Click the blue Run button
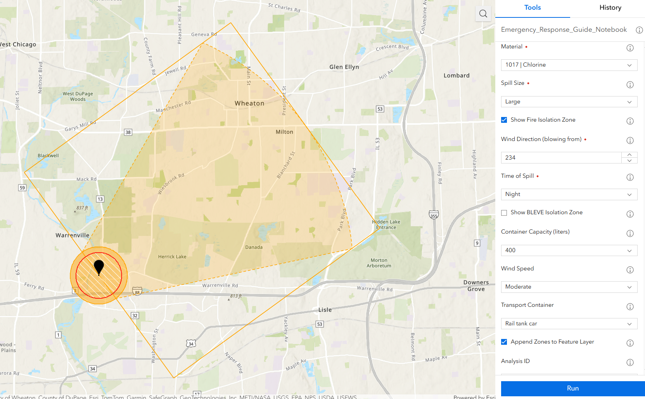point(572,388)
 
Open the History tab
point(610,8)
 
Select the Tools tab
point(532,8)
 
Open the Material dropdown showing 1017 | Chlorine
point(569,65)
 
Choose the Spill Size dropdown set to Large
point(569,101)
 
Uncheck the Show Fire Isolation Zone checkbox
point(504,120)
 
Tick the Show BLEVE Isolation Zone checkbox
point(504,213)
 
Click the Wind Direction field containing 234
point(561,158)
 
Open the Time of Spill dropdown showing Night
point(569,194)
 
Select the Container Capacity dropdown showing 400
point(569,250)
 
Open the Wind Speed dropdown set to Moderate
point(569,287)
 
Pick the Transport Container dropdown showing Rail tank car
point(569,323)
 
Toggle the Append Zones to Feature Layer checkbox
point(504,342)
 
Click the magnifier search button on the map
point(483,14)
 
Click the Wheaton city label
point(249,103)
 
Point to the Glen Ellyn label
point(344,67)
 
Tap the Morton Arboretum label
point(379,263)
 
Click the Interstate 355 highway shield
point(434,215)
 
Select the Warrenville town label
point(73,235)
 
